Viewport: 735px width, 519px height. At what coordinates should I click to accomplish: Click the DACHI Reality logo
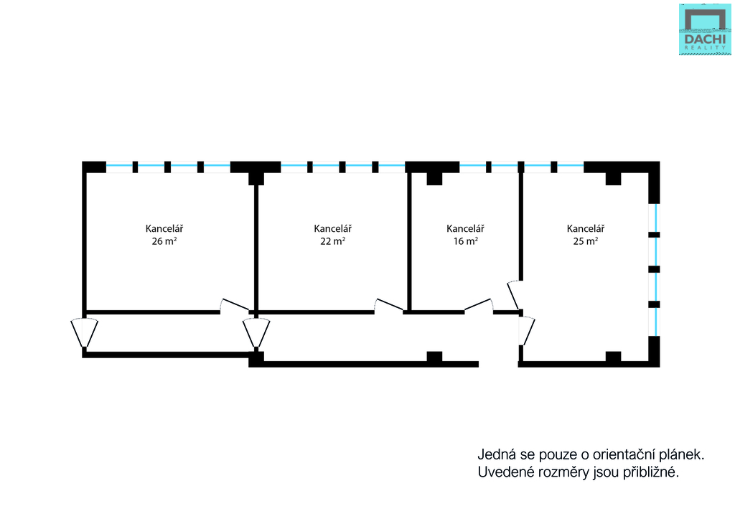coord(706,29)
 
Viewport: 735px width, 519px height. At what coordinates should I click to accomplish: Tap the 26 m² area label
coord(164,241)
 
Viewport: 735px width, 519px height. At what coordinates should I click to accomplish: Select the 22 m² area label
coord(332,241)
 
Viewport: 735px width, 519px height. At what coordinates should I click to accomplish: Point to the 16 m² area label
coord(464,241)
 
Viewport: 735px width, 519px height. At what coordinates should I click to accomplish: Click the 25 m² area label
coord(585,241)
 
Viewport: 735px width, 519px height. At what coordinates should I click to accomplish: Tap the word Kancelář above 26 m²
coord(164,228)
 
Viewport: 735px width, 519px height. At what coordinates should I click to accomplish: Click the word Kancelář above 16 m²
coord(465,228)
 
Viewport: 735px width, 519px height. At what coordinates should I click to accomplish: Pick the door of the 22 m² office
coord(388,305)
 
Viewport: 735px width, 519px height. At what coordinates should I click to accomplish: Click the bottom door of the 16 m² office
coord(478,306)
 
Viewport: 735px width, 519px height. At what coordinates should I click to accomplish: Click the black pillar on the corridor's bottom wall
coord(434,356)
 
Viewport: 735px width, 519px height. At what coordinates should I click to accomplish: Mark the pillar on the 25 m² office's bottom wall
coord(613,356)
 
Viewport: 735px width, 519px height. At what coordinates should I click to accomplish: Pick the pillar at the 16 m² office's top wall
coord(434,178)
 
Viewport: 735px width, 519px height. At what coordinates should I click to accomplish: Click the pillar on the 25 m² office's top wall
coord(613,178)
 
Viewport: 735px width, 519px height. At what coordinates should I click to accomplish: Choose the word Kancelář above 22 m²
coord(333,228)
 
